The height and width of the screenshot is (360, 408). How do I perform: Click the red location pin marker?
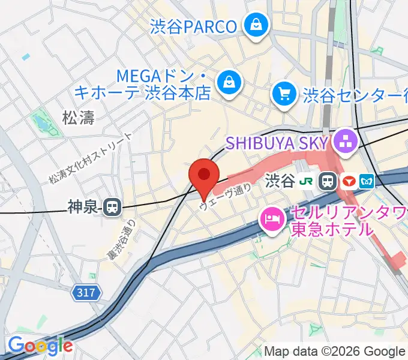tap(203, 176)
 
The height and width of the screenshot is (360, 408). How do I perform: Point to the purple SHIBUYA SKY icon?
tap(346, 142)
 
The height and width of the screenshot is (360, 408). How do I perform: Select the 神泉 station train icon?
tap(111, 208)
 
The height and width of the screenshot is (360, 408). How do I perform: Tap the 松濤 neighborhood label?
tap(79, 118)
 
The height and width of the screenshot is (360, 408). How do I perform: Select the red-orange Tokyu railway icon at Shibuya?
tap(348, 180)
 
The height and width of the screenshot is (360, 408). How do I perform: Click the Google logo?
tap(40, 346)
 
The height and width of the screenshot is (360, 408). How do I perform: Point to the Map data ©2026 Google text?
tap(335, 351)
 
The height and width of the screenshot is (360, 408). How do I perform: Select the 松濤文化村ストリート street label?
tap(90, 158)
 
